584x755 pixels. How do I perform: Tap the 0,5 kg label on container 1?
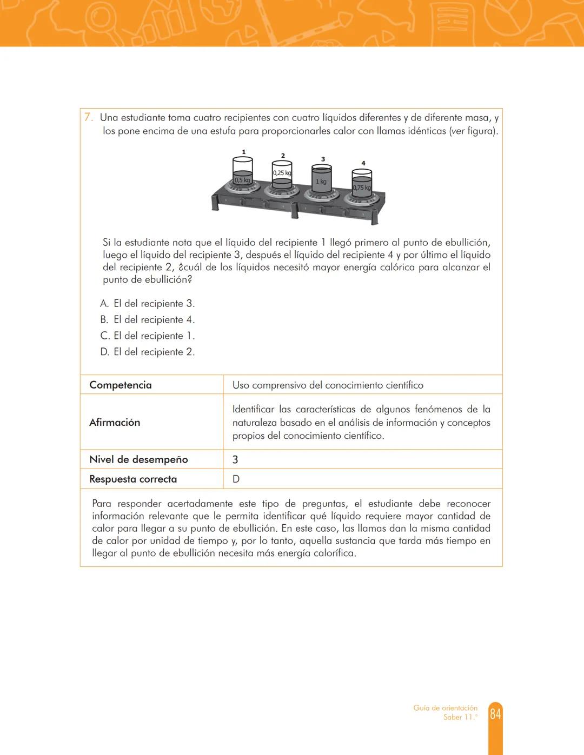click(242, 180)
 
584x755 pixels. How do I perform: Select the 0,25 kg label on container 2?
click(282, 173)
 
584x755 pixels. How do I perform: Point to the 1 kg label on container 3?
click(321, 182)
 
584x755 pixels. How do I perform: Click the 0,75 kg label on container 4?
click(361, 188)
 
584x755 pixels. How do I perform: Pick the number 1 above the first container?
click(244, 152)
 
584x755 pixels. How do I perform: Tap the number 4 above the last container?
click(363, 163)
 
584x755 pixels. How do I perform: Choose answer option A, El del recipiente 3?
click(148, 304)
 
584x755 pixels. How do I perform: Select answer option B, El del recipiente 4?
click(148, 320)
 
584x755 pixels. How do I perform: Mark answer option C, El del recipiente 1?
click(148, 336)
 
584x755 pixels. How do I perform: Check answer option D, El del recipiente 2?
click(148, 352)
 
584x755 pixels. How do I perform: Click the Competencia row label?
click(121, 385)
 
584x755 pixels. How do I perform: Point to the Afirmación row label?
click(115, 423)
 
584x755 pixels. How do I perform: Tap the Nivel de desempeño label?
click(138, 459)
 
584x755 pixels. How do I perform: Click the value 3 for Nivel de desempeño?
click(235, 460)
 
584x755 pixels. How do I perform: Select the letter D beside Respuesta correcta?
click(236, 479)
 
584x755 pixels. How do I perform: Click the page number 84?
click(495, 714)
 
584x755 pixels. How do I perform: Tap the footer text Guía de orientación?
click(445, 708)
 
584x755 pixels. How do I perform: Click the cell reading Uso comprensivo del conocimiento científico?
click(328, 385)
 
